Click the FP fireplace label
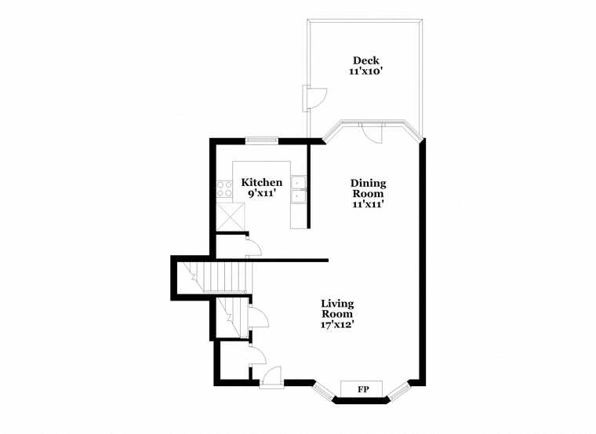tap(364, 389)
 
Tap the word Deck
tap(365, 60)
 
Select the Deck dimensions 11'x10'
tap(365, 71)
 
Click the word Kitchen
tap(262, 183)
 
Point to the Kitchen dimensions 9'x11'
tap(262, 194)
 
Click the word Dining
tap(368, 184)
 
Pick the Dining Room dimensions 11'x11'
tap(368, 204)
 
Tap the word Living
tap(337, 304)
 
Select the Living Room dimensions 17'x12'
tap(338, 324)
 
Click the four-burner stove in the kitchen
tap(224, 188)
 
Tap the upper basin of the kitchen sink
tap(298, 183)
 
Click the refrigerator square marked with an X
tap(231, 217)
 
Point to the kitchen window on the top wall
tap(261, 140)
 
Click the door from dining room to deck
tap(372, 133)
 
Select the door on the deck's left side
tap(314, 98)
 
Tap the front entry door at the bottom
tap(272, 377)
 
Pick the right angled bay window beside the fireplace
tap(400, 392)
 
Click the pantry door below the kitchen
tap(253, 247)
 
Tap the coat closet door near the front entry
tap(258, 356)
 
